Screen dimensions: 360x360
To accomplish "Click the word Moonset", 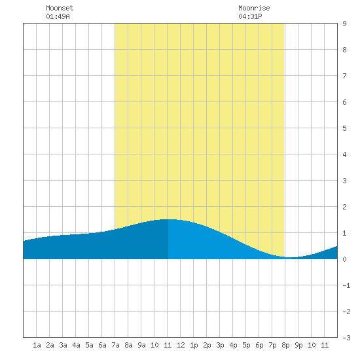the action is (60, 8).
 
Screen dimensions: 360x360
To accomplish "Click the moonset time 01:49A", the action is (58, 16).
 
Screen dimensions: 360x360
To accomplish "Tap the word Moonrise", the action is (254, 8).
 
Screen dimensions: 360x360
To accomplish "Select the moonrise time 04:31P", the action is (250, 16).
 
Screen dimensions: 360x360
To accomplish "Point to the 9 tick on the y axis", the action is (344, 24).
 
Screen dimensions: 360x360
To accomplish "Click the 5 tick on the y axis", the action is (344, 128).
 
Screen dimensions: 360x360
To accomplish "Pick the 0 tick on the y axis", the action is (344, 259).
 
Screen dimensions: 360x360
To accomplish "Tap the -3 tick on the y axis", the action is (346, 338).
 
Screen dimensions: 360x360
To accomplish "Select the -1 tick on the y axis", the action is (346, 285).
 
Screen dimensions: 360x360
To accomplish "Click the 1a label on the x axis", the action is (37, 345).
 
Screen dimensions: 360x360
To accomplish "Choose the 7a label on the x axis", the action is (115, 345).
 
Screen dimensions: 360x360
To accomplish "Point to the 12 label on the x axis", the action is (181, 345).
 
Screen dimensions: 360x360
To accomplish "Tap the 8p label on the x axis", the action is (285, 345).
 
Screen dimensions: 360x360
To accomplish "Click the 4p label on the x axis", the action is (233, 345).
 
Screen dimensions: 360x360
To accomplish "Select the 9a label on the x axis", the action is (141, 345).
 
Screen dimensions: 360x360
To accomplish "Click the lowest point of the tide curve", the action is (291, 258).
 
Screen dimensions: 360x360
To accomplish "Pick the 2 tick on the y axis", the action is (344, 207).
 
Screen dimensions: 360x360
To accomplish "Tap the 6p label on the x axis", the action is (259, 345).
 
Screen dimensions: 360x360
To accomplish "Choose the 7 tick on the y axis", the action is (344, 76).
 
